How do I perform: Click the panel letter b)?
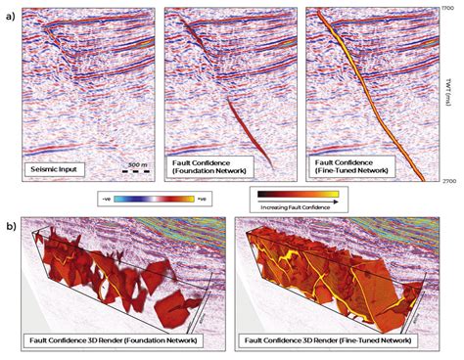pos(9,223)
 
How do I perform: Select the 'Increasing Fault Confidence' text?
pos(312,207)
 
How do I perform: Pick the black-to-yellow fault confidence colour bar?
pos(312,194)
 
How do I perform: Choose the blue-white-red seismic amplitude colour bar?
pos(153,199)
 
